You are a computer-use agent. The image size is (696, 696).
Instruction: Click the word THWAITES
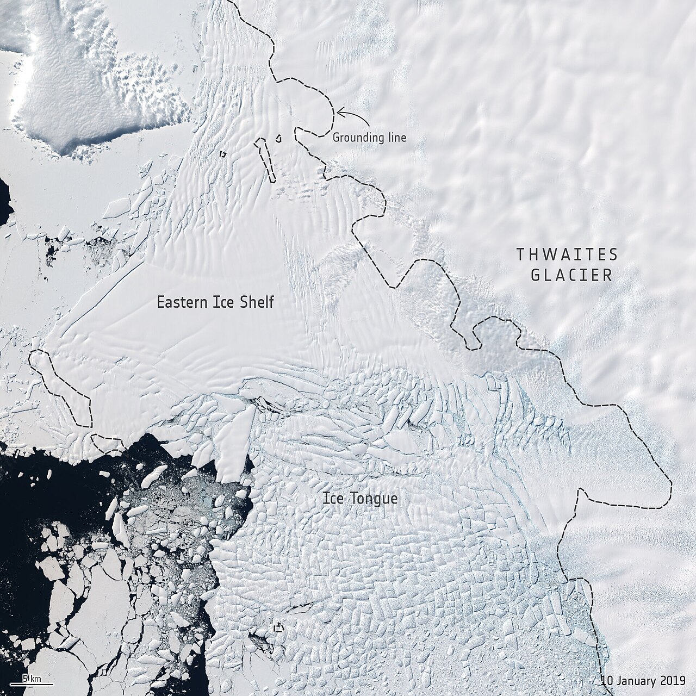(567, 254)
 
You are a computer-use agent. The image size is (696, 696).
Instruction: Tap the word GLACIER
(571, 275)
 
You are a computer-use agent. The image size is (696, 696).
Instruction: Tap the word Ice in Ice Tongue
(332, 498)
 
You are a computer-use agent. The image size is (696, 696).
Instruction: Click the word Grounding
(357, 138)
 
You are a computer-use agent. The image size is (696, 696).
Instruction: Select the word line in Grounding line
(396, 138)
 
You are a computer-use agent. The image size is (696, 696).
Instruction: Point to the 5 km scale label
(32, 678)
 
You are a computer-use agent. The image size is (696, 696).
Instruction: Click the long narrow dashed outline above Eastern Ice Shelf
(265, 159)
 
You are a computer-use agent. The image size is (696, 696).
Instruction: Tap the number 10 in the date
(607, 680)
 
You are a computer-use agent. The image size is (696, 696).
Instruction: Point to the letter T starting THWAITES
(520, 254)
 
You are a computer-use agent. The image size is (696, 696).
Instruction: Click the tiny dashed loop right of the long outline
(279, 138)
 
